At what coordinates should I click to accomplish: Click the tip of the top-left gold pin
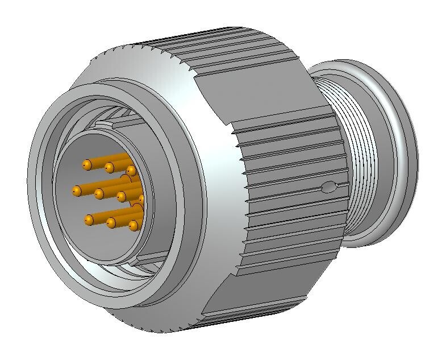[x=87, y=164]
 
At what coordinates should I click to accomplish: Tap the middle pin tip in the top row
[x=109, y=167]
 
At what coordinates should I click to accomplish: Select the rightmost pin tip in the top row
[x=131, y=171]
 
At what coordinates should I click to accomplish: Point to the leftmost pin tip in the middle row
[x=76, y=191]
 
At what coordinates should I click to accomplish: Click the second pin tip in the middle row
[x=99, y=194]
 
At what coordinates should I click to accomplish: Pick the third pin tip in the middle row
[x=120, y=197]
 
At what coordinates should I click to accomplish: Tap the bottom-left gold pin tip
[x=89, y=219]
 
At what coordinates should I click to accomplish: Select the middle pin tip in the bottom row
[x=111, y=222]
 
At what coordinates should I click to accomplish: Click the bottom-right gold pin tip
[x=133, y=226]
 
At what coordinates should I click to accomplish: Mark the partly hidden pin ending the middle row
[x=141, y=199]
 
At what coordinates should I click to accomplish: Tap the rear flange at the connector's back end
[x=398, y=154]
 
